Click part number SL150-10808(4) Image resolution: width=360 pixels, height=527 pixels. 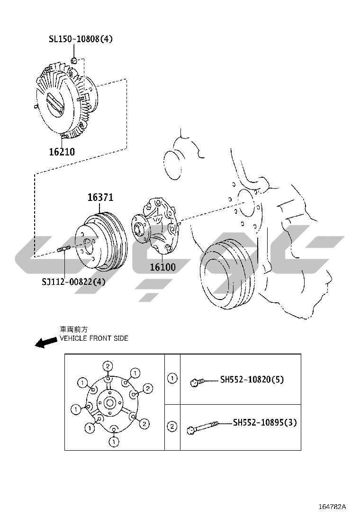(x=81, y=39)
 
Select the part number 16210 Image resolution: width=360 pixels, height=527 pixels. (x=62, y=152)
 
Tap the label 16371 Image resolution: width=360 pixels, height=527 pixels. (x=100, y=197)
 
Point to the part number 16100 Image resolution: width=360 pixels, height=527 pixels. (x=162, y=267)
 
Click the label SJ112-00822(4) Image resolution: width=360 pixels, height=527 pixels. (x=73, y=282)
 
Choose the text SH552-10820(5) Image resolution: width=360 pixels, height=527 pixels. (x=252, y=380)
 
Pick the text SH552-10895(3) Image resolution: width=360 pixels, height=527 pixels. (x=265, y=422)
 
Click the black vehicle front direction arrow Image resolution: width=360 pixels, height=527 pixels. (x=46, y=343)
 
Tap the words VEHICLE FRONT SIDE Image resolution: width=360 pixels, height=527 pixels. (x=94, y=338)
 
